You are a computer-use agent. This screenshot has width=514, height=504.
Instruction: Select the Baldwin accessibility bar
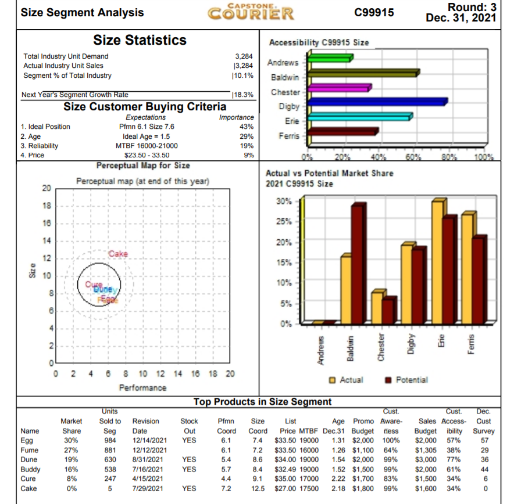click(362, 73)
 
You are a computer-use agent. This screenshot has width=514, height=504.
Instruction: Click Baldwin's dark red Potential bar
click(358, 264)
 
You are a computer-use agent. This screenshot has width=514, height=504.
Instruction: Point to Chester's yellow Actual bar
click(377, 308)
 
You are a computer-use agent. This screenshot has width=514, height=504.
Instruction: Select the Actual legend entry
click(351, 380)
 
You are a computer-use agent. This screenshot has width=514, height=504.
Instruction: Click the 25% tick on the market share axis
click(292, 222)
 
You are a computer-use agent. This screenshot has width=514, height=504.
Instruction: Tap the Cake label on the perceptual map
click(117, 254)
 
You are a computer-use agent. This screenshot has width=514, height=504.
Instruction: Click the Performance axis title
click(142, 387)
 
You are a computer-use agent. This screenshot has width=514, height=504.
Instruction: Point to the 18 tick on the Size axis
click(46, 206)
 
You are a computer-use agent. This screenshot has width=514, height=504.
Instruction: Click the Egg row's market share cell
click(70, 440)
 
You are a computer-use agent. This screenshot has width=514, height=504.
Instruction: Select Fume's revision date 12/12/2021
click(149, 450)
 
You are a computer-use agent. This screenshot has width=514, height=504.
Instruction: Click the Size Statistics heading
click(140, 40)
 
